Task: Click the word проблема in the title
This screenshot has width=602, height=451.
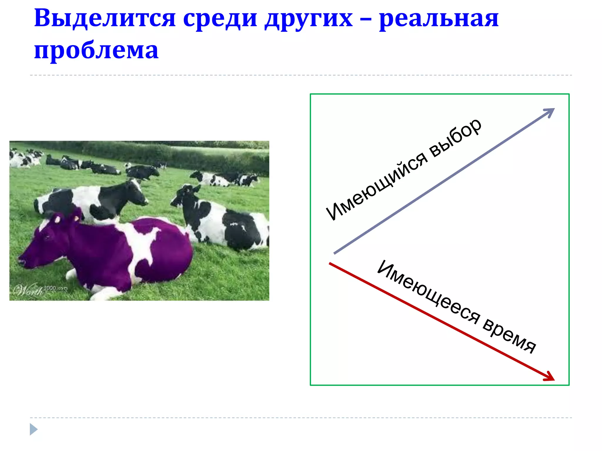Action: pyautogui.click(x=96, y=51)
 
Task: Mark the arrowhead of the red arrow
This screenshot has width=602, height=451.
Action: pyautogui.click(x=550, y=377)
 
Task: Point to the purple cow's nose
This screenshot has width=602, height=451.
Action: pyautogui.click(x=21, y=260)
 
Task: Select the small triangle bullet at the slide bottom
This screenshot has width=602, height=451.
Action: pyautogui.click(x=33, y=429)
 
